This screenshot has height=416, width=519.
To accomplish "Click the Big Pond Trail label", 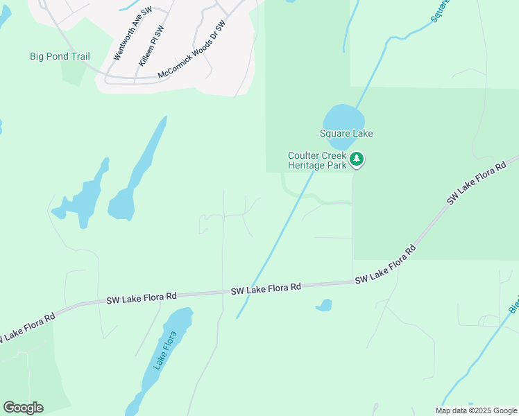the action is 60,56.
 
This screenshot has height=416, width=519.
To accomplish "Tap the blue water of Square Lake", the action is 343,118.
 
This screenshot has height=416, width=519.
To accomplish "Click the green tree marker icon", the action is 357,159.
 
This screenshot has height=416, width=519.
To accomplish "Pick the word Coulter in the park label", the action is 304,156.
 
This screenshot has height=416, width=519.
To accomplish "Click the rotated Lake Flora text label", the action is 167,351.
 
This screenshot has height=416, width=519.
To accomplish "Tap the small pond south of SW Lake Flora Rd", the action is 323,305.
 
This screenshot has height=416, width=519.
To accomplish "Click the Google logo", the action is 23,408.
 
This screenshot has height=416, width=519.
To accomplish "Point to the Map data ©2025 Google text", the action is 477,410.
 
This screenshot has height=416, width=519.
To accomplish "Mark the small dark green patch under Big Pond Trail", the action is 74,73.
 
